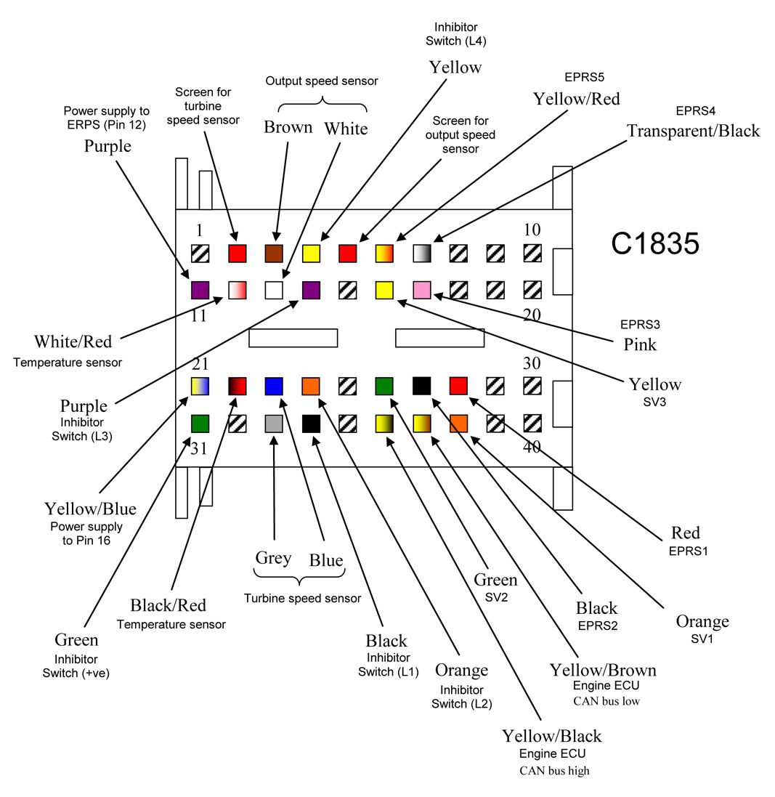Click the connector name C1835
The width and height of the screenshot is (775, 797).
point(654,243)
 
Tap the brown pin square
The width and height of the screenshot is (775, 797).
point(274,253)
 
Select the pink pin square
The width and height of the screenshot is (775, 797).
point(422,290)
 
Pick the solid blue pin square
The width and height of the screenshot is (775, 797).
point(274,387)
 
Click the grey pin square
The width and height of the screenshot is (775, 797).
point(274,424)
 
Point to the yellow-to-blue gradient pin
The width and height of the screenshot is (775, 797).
point(200,387)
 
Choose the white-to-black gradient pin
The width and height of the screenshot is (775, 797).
point(422,253)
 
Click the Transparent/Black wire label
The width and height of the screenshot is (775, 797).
point(693,131)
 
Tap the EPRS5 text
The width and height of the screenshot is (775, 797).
point(585,77)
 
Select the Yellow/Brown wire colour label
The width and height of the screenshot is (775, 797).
point(603,670)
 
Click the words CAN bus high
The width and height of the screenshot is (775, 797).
point(554,771)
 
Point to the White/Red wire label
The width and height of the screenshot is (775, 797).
point(73,341)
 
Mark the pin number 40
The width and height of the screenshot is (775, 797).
point(532,447)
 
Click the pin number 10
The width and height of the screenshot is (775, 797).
point(532,230)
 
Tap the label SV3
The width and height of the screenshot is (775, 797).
point(654,402)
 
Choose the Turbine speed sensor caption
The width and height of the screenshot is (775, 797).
point(302,598)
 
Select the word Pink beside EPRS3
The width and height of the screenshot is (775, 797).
point(640,344)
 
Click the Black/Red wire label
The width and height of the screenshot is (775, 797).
point(169,605)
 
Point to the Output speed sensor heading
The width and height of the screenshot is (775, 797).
point(322,81)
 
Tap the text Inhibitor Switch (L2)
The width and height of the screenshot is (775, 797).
point(461,697)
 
